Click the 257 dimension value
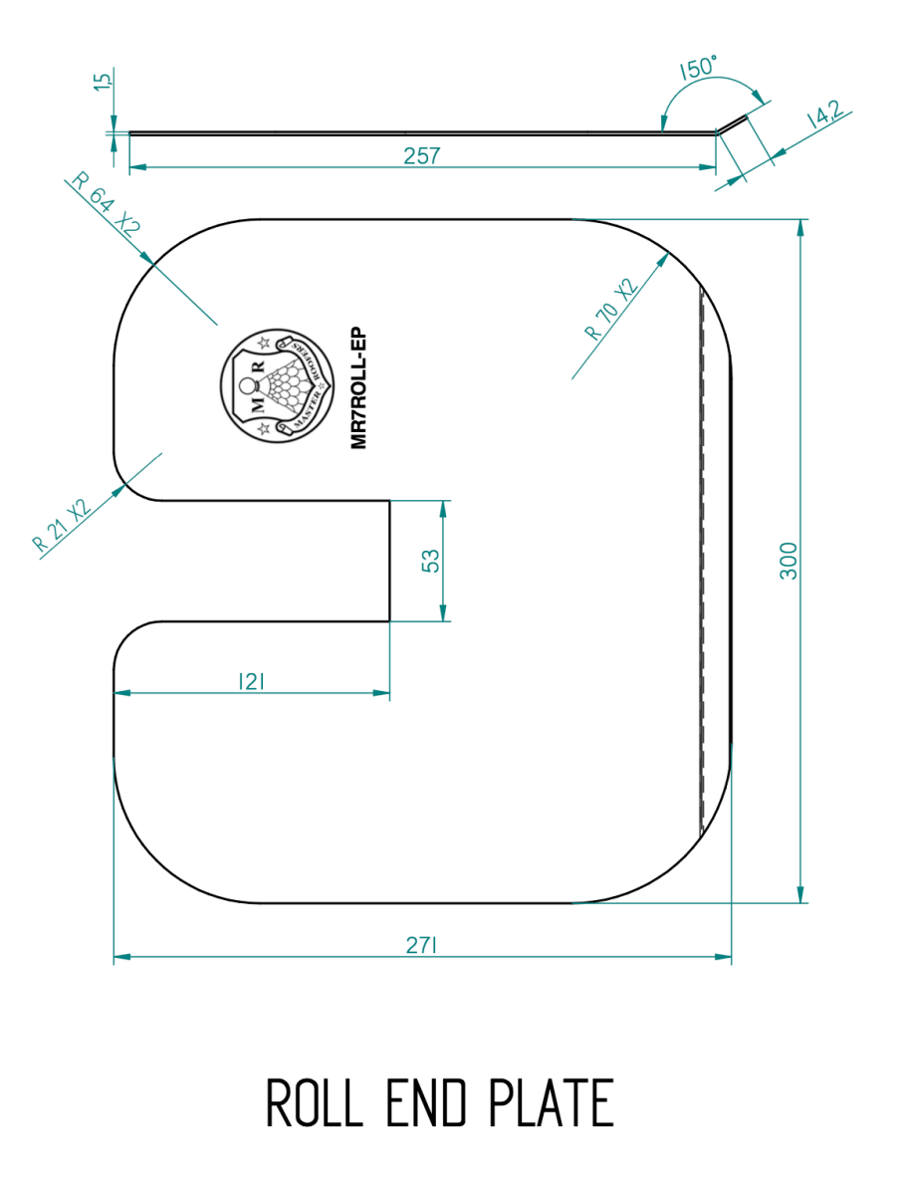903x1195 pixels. coord(421,155)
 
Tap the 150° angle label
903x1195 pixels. coord(699,69)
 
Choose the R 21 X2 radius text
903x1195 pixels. coord(61,525)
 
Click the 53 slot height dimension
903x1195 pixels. coord(431,561)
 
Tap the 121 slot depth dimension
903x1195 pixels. coord(250,681)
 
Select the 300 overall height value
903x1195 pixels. coord(789,561)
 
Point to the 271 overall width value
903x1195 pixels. coord(421,946)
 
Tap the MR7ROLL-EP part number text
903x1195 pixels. coord(360,388)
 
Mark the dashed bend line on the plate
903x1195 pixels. coord(702,558)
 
